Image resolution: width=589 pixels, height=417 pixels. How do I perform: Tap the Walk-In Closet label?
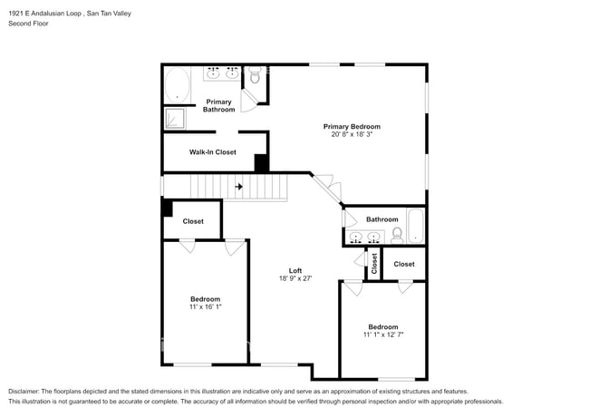pos(212,152)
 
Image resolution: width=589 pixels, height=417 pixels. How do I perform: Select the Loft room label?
pos(294,271)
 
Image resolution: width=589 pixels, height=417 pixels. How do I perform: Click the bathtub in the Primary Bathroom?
pos(178,87)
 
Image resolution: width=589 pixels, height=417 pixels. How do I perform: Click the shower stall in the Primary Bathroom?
pos(173,119)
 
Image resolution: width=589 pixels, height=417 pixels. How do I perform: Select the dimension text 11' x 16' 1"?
pos(205,307)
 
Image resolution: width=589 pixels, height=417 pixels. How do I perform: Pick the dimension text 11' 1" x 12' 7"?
pos(382,335)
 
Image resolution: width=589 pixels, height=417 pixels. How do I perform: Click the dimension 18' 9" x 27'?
pos(294,279)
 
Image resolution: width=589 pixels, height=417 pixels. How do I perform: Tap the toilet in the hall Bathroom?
pos(397,236)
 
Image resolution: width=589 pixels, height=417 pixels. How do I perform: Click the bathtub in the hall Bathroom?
pos(416,226)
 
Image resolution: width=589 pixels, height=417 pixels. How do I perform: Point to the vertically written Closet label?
pos(373,263)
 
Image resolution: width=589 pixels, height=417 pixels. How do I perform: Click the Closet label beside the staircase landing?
pos(193,221)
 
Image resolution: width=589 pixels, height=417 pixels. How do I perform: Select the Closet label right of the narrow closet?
pos(403,264)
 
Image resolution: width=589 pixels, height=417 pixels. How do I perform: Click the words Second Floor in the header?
pos(29,24)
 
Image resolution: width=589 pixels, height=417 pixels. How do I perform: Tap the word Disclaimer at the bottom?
pos(26,391)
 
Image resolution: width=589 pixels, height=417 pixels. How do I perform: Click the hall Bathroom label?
pos(381,219)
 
